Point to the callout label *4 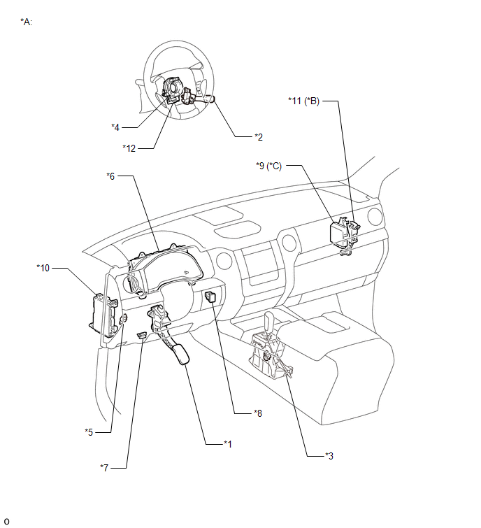point(115,127)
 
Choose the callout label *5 point(89,431)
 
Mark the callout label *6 point(110,176)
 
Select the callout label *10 point(43,266)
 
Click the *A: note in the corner point(27,22)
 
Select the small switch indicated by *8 point(210,299)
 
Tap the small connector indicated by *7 point(142,336)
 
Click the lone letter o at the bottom point(7,521)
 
